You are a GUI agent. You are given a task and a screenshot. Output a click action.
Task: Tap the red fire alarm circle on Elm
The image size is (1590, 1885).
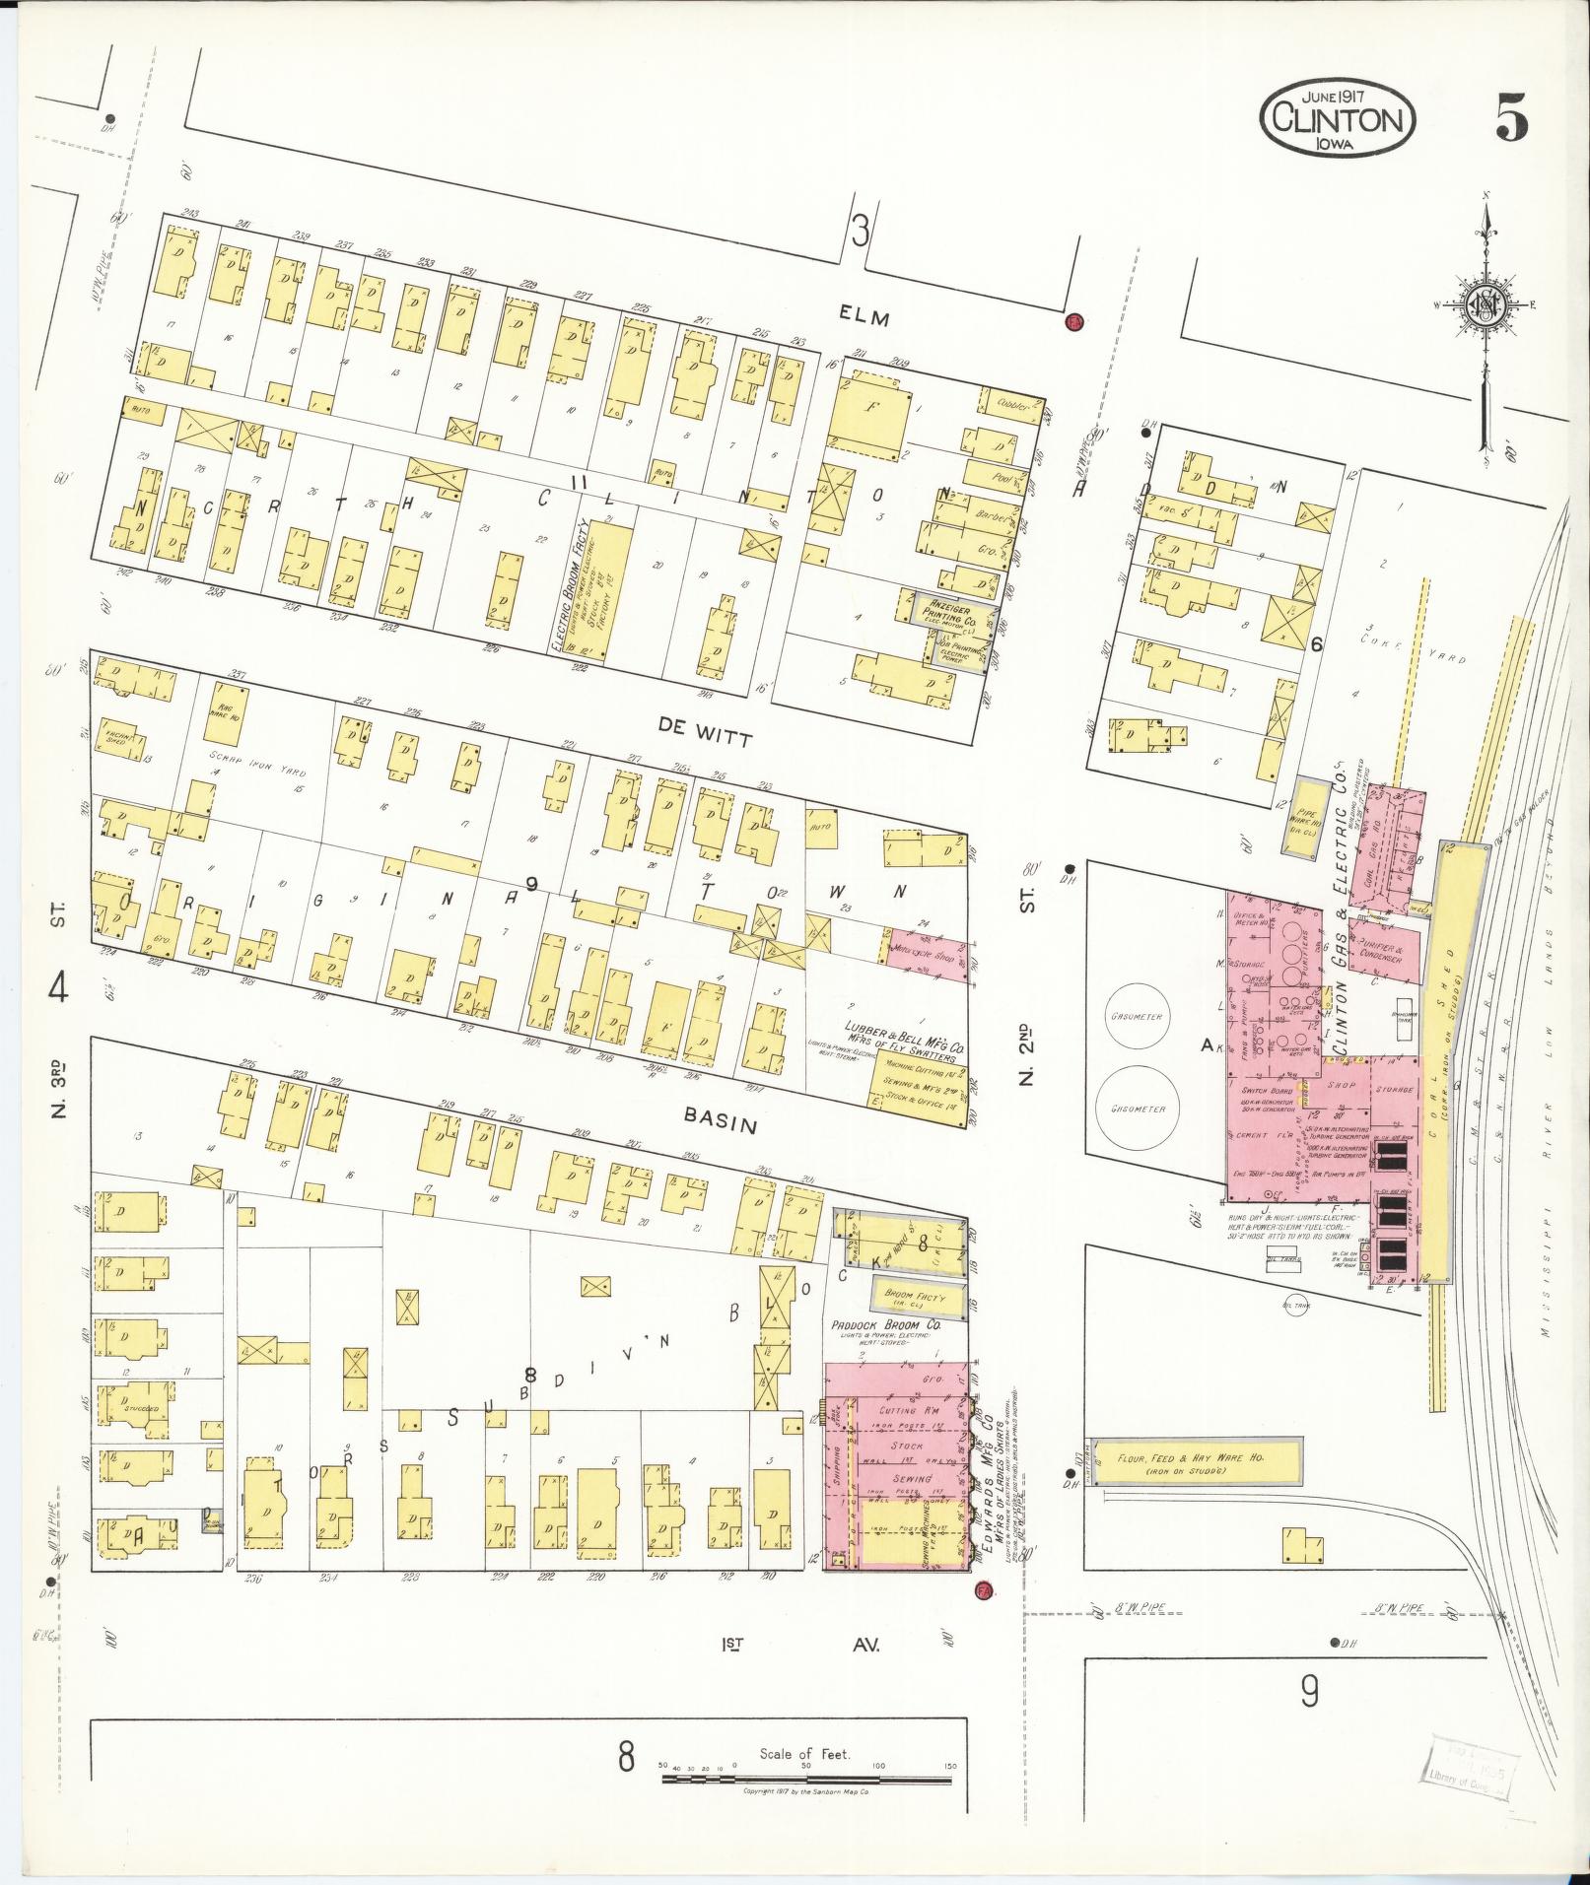(x=1074, y=321)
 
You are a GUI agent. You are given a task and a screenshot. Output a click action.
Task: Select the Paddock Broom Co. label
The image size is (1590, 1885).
(x=885, y=1325)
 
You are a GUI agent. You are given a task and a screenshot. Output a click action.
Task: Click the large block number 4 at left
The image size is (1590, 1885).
(x=58, y=987)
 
